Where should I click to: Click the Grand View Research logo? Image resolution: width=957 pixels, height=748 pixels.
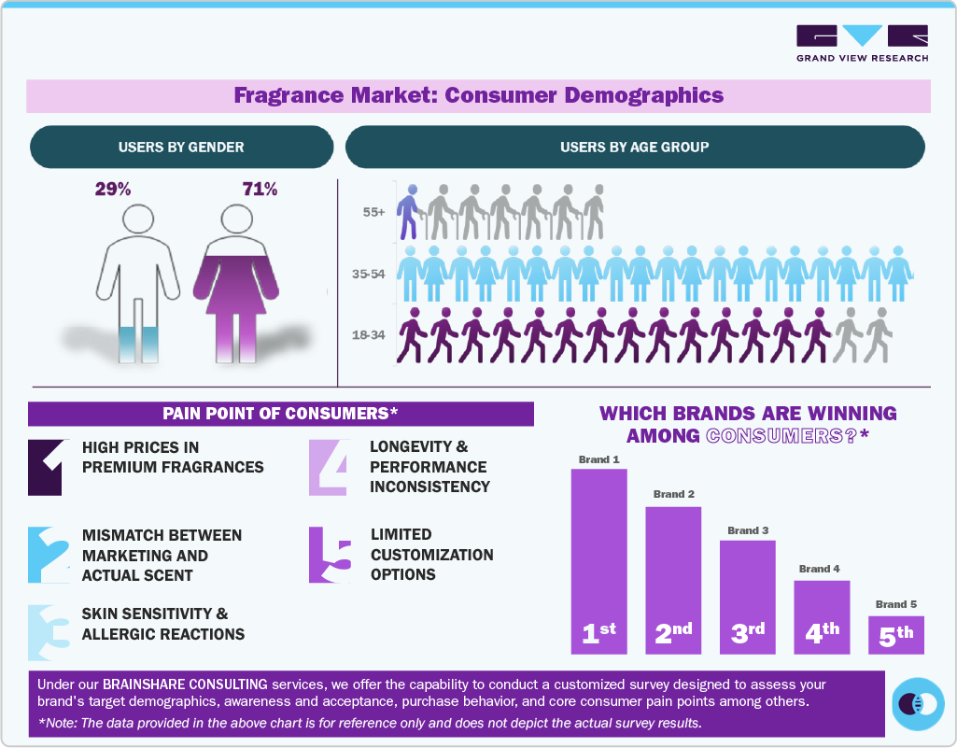click(862, 43)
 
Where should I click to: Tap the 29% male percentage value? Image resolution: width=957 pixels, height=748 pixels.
click(113, 190)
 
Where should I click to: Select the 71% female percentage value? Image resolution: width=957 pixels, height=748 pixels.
click(260, 190)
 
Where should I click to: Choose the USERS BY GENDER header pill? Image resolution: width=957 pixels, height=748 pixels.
click(181, 148)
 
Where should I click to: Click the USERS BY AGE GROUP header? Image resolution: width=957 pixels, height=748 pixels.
click(634, 148)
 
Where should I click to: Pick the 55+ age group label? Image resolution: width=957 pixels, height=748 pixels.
click(374, 213)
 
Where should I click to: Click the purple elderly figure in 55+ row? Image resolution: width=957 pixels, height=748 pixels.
click(408, 213)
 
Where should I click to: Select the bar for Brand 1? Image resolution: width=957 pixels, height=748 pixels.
click(598, 560)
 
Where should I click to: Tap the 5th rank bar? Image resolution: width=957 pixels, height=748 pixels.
click(896, 635)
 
